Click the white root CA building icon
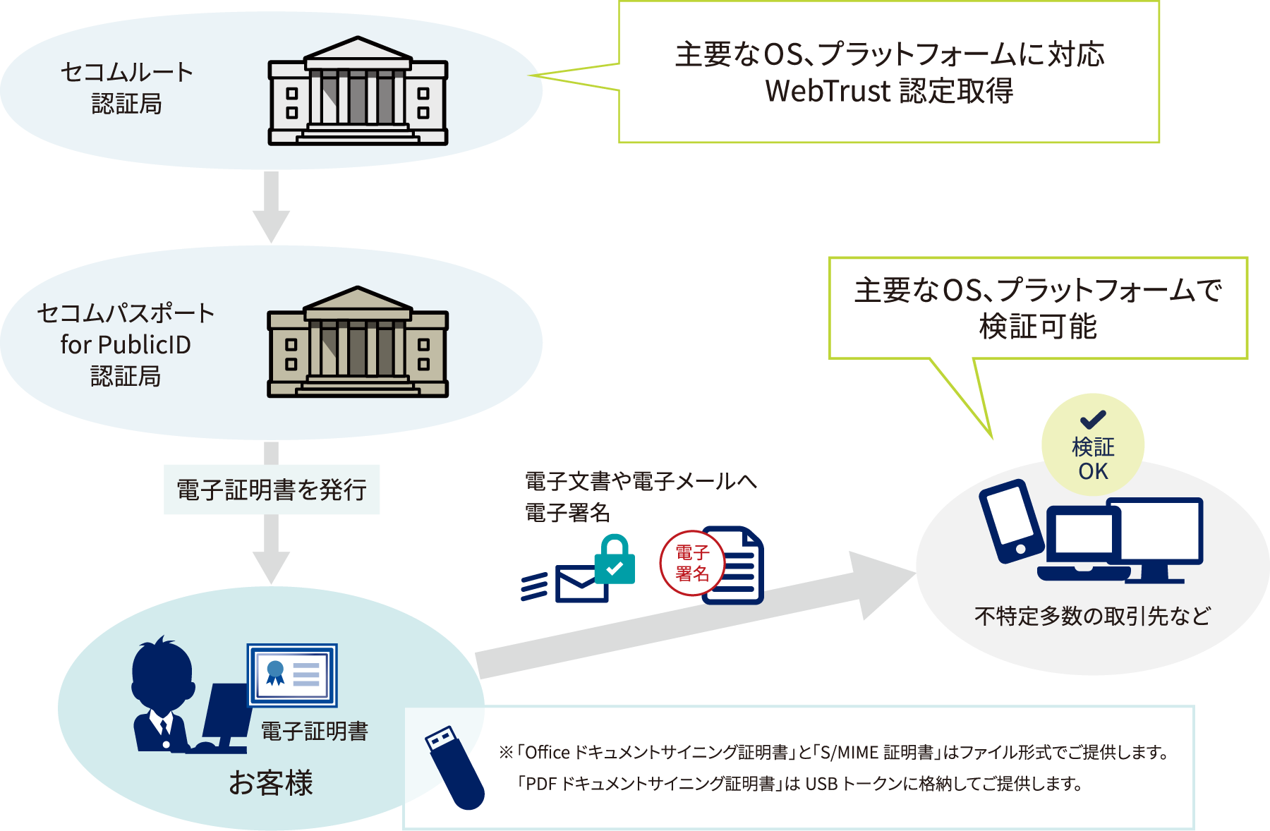point(358,92)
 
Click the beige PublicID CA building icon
point(358,343)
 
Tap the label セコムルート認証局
point(126,87)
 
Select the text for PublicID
point(126,344)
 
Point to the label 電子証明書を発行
point(272,489)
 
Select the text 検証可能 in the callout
point(1038,327)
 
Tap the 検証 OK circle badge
point(1092,445)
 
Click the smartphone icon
point(1011,521)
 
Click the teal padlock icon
point(615,561)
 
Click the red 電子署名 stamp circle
point(691,563)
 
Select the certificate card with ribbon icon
point(292,675)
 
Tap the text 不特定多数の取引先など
point(1092,616)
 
